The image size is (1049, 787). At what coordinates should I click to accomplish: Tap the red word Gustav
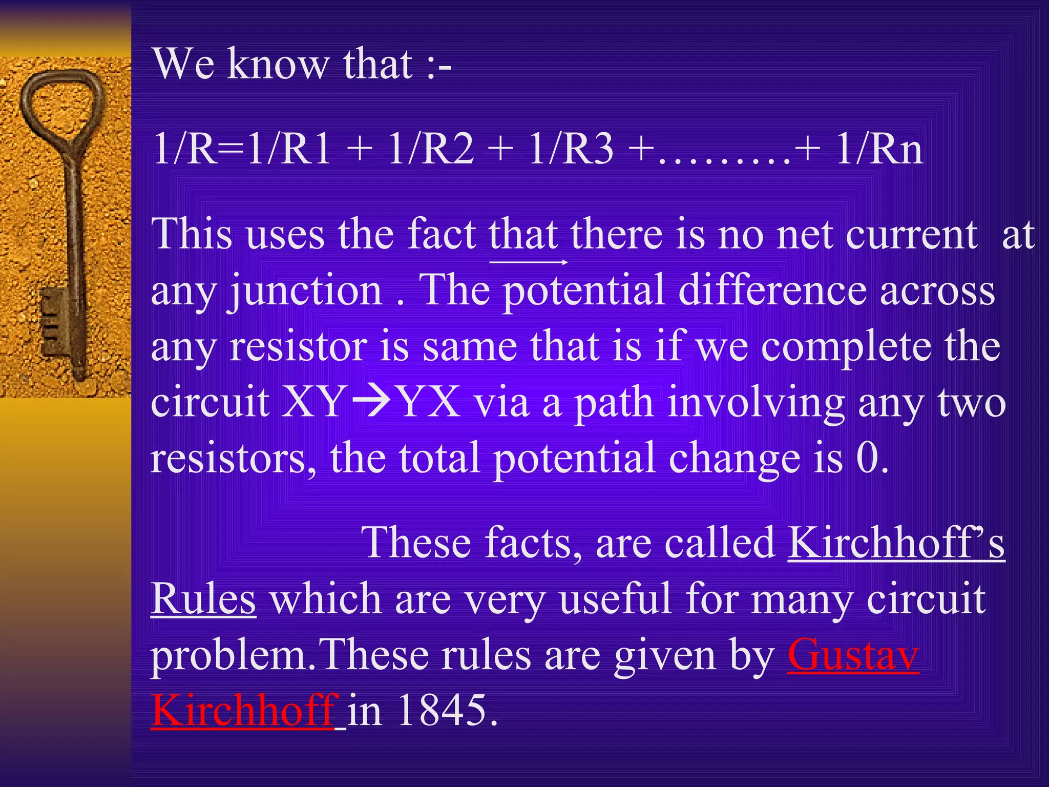853,655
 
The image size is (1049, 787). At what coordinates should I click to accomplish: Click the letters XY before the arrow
312,402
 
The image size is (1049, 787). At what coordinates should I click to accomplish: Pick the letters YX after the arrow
429,402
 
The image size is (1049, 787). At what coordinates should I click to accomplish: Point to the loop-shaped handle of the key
61,102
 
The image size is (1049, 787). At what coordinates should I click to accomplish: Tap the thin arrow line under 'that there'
529,262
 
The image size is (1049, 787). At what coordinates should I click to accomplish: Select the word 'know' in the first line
279,65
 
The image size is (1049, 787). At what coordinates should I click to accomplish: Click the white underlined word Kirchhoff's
896,543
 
